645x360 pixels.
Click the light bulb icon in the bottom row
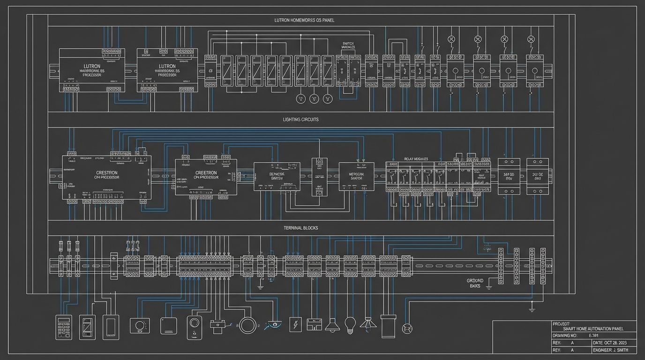point(350,325)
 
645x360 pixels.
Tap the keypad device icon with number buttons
point(63,326)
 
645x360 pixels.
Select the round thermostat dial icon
point(140,325)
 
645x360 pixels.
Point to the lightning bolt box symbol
point(295,324)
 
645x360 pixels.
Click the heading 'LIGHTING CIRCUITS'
point(300,120)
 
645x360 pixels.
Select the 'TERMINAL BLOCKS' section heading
point(300,228)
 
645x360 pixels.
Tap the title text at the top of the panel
point(304,21)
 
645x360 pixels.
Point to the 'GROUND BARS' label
point(478,283)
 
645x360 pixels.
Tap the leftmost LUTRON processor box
point(92,69)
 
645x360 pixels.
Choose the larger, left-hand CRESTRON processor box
point(107,177)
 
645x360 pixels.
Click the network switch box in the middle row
point(356,176)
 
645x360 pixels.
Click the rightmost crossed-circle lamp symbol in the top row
point(531,39)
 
